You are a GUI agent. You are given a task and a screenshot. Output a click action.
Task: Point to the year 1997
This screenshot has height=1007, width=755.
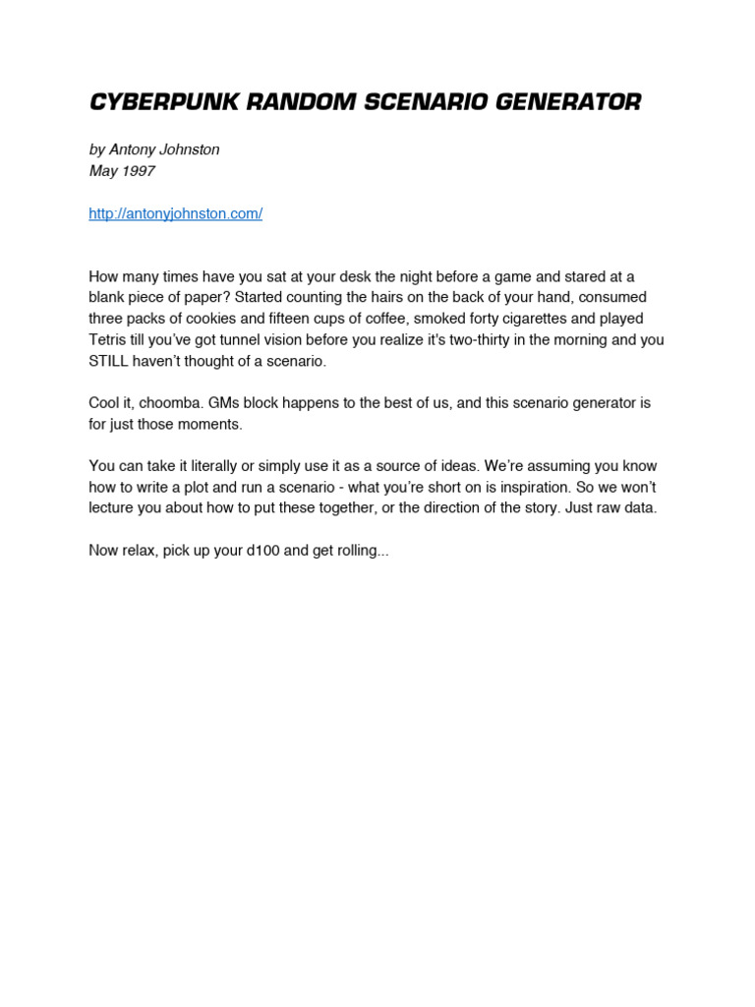pos(139,171)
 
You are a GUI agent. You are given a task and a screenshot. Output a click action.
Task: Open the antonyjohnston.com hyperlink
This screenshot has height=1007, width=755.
pos(175,213)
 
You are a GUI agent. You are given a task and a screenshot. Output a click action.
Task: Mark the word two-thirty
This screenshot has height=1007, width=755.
pos(489,340)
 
